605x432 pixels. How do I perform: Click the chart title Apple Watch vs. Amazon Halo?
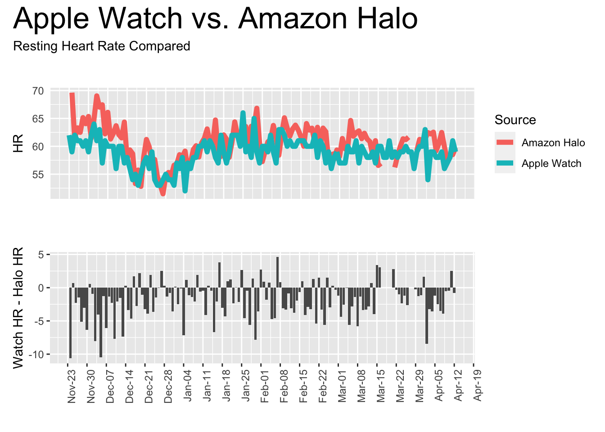pos(216,19)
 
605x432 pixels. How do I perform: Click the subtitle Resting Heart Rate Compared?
pos(102,46)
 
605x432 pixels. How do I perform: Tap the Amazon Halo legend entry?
pos(553,143)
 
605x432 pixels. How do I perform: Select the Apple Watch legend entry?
pos(551,164)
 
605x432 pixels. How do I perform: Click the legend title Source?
pos(515,120)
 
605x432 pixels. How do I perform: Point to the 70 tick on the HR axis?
pos(38,91)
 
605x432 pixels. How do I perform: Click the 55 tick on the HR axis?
pos(38,175)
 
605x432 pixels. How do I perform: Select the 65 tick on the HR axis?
pos(38,119)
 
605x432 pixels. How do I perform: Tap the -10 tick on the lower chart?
pos(36,355)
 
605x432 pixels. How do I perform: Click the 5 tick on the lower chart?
pos(41,255)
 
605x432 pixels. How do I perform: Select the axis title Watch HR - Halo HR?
pos(18,308)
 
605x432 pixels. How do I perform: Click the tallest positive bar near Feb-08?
pos(278,272)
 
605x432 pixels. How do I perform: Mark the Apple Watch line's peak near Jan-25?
pos(243,112)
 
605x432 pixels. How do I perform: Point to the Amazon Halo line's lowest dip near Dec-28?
pos(163,193)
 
